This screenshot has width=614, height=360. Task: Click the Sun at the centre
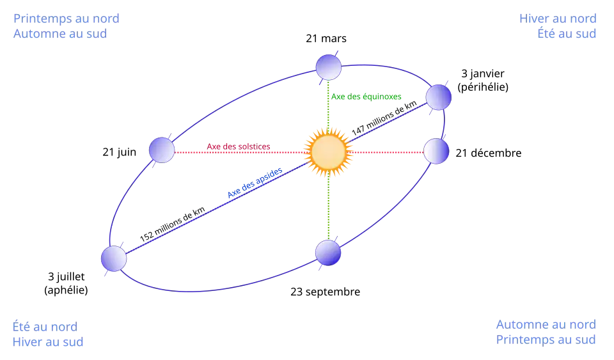tap(329, 152)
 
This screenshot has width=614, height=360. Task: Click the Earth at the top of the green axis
tap(329, 67)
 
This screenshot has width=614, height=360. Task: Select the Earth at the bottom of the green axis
tap(328, 253)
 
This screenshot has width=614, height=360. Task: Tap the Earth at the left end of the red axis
tap(162, 150)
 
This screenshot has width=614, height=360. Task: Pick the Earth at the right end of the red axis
tap(436, 151)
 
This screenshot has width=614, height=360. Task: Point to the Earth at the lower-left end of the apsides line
tap(114, 258)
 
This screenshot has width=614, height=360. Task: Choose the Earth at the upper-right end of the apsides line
tap(439, 97)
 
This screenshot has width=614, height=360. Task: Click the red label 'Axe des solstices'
tap(239, 147)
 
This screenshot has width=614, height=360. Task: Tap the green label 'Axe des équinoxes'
tap(366, 97)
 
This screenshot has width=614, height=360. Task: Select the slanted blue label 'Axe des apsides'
tap(254, 184)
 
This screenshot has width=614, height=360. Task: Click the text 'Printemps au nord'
tap(66, 19)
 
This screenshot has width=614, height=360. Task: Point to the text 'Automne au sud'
tap(59, 34)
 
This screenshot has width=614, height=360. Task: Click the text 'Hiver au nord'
tap(557, 19)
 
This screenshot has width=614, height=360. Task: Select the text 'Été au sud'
tap(567, 34)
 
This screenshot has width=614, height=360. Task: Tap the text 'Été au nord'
tap(44, 325)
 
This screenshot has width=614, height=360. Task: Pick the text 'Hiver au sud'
tap(47, 341)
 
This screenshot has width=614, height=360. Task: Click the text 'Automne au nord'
tap(547, 325)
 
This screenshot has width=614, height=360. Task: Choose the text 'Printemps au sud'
tap(547, 340)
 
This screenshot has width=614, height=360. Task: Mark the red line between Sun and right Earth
tap(386, 152)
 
